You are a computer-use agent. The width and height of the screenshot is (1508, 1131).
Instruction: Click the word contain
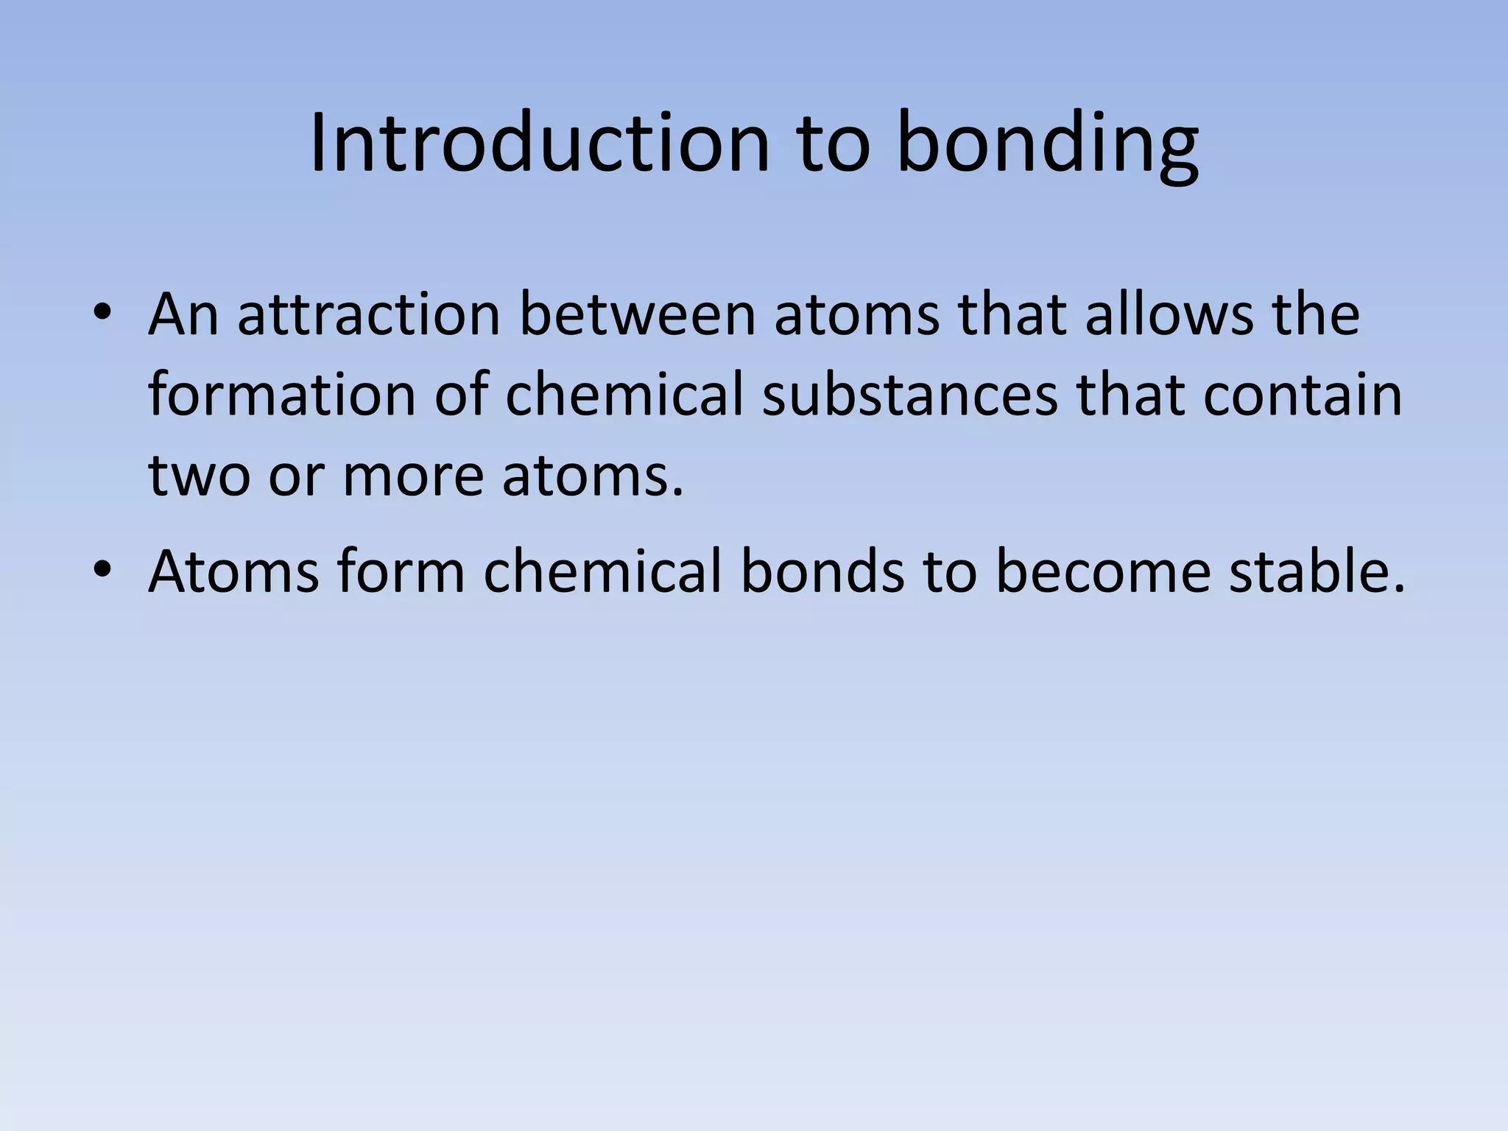[x=1303, y=395]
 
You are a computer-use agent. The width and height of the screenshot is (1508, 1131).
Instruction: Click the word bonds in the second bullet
[x=822, y=572]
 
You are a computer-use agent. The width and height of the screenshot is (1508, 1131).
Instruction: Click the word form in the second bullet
[x=401, y=572]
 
